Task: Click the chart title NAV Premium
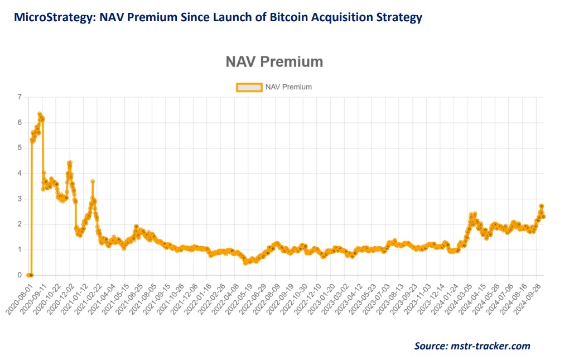pyautogui.click(x=274, y=61)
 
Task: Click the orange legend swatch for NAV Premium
pyautogui.click(x=249, y=87)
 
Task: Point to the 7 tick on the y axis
pyautogui.click(x=20, y=97)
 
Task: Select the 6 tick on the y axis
pyautogui.click(x=20, y=123)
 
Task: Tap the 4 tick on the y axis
pyautogui.click(x=20, y=174)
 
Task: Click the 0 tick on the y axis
pyautogui.click(x=20, y=275)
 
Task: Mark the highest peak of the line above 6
pyautogui.click(x=40, y=114)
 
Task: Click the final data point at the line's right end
pyautogui.click(x=543, y=217)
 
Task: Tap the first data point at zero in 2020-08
pyautogui.click(x=28, y=275)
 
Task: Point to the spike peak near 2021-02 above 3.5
pyautogui.click(x=93, y=181)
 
